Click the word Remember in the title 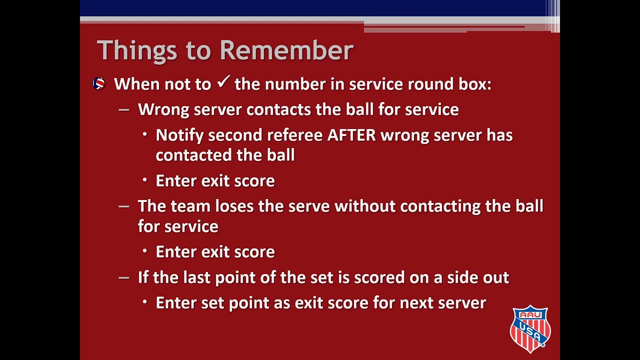click(286, 50)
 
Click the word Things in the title click(136, 50)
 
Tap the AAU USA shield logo click(530, 328)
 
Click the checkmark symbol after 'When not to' click(223, 82)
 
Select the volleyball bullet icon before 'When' click(99, 84)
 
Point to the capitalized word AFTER click(351, 135)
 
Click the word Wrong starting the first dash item click(163, 109)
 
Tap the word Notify click(179, 135)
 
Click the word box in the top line click(474, 84)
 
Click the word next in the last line click(416, 303)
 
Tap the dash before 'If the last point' click(123, 277)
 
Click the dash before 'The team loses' click(123, 206)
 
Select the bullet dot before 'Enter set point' click(145, 302)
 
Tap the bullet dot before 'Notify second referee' click(145, 134)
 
